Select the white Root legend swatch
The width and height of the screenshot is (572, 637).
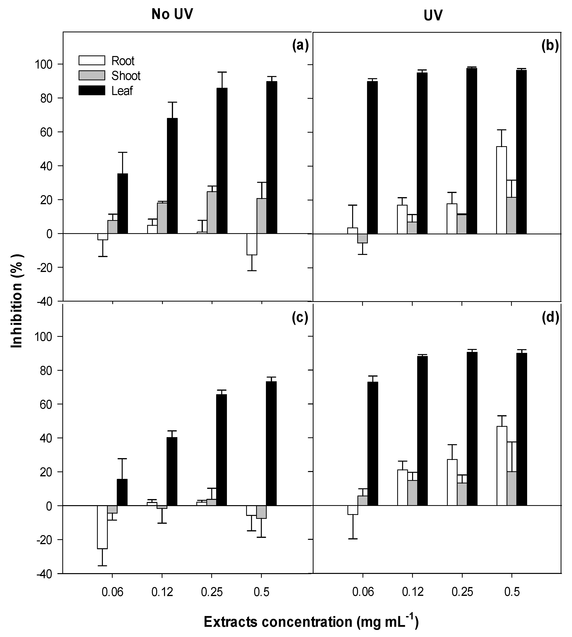[x=92, y=60]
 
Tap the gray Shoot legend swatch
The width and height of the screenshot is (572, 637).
[x=92, y=75]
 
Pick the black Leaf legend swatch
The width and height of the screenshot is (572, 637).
[x=92, y=91]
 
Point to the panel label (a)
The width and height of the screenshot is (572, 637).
[x=300, y=46]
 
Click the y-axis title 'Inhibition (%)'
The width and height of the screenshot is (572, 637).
[x=17, y=301]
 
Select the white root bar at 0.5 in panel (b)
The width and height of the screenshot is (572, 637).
[x=502, y=190]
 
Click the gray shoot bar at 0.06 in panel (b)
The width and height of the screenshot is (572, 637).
[x=362, y=238]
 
